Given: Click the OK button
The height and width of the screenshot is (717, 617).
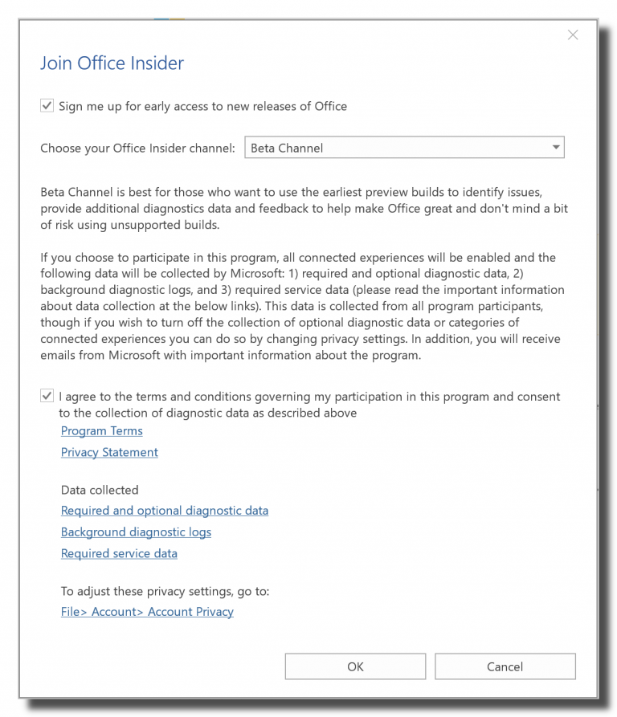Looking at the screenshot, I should [355, 666].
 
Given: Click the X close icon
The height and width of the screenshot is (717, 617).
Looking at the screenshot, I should [573, 35].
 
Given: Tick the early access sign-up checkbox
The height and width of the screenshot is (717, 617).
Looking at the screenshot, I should [47, 106].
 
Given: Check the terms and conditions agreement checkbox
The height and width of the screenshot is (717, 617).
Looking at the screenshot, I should [47, 396].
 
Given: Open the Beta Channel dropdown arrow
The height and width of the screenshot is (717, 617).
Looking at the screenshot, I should [555, 148].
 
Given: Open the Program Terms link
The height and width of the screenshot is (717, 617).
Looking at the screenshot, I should [102, 431].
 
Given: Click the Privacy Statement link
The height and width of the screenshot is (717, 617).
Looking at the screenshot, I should [109, 453].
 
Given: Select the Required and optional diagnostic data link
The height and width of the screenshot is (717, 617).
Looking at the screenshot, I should [165, 511].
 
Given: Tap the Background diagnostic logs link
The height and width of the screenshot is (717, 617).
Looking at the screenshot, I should [136, 532].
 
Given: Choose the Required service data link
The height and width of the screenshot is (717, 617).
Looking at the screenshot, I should [119, 554].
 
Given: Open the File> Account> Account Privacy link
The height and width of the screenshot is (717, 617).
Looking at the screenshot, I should [147, 612].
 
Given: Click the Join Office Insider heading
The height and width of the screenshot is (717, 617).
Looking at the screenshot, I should [112, 63].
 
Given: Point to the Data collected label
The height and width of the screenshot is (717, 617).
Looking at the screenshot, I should [100, 490].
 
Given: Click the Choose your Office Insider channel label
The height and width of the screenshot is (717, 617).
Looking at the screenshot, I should [137, 148].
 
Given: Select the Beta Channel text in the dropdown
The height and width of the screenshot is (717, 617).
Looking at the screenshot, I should [287, 148].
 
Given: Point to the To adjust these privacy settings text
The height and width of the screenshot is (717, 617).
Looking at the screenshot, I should [165, 591].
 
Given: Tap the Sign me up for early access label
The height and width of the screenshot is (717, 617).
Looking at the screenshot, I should [202, 106].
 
